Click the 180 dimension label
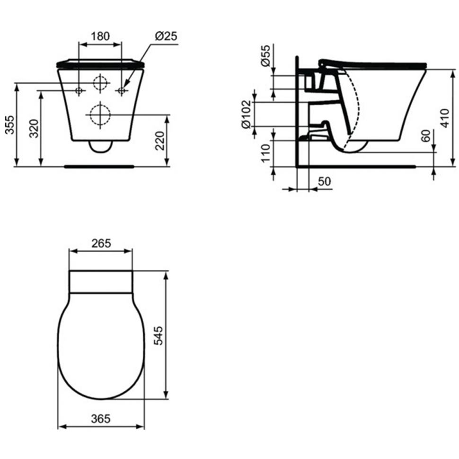click(100, 36)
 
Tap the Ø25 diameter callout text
click(166, 36)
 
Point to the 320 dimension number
click(34, 129)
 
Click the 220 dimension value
click(160, 141)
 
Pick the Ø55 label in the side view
click(266, 56)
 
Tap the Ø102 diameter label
click(246, 114)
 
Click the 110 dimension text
click(266, 153)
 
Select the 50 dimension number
click(324, 182)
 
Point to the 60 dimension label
click(426, 136)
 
